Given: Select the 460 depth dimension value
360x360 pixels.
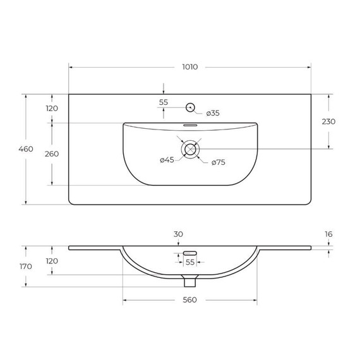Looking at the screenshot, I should coord(25,150).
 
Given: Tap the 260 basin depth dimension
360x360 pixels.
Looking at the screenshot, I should coord(52,153).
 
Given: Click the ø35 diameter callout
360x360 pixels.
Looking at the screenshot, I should coord(212,113).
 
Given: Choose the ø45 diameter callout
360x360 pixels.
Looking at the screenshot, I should coord(167,160).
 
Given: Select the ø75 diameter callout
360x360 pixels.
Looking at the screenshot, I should coord(218,162).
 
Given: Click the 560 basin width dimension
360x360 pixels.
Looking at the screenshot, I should coord(189,299).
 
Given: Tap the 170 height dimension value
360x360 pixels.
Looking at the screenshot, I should coord(25,267).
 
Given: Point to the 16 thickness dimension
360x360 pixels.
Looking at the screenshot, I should coord(329,234).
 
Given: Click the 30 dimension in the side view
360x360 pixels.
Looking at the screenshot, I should coord(178,234).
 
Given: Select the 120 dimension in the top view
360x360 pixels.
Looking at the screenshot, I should coord(52,108).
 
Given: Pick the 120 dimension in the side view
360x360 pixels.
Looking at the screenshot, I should coord(52,261).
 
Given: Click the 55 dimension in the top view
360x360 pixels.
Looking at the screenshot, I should coord(164,102).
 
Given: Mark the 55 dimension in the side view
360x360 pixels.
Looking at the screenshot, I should coord(189,262).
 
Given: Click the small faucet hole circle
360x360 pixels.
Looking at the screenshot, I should coord(189,107).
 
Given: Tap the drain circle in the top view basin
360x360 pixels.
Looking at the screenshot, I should coord(189,149).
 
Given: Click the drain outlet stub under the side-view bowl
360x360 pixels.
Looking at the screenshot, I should coord(189,279).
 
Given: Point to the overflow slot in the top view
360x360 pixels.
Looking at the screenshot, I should coord(189,125).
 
